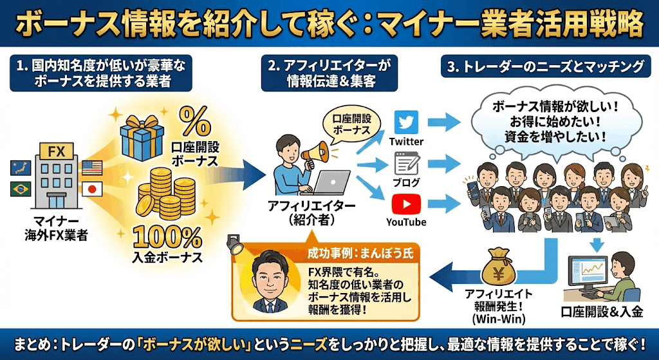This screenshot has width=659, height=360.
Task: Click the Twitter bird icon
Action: click(406, 122)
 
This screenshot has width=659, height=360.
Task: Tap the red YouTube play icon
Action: click(406, 204)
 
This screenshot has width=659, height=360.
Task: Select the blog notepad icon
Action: click(406, 163)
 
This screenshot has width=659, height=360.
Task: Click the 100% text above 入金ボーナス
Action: click(167, 238)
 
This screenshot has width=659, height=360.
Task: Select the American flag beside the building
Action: click(92, 167)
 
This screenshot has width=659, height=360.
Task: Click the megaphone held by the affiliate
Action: click(320, 153)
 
